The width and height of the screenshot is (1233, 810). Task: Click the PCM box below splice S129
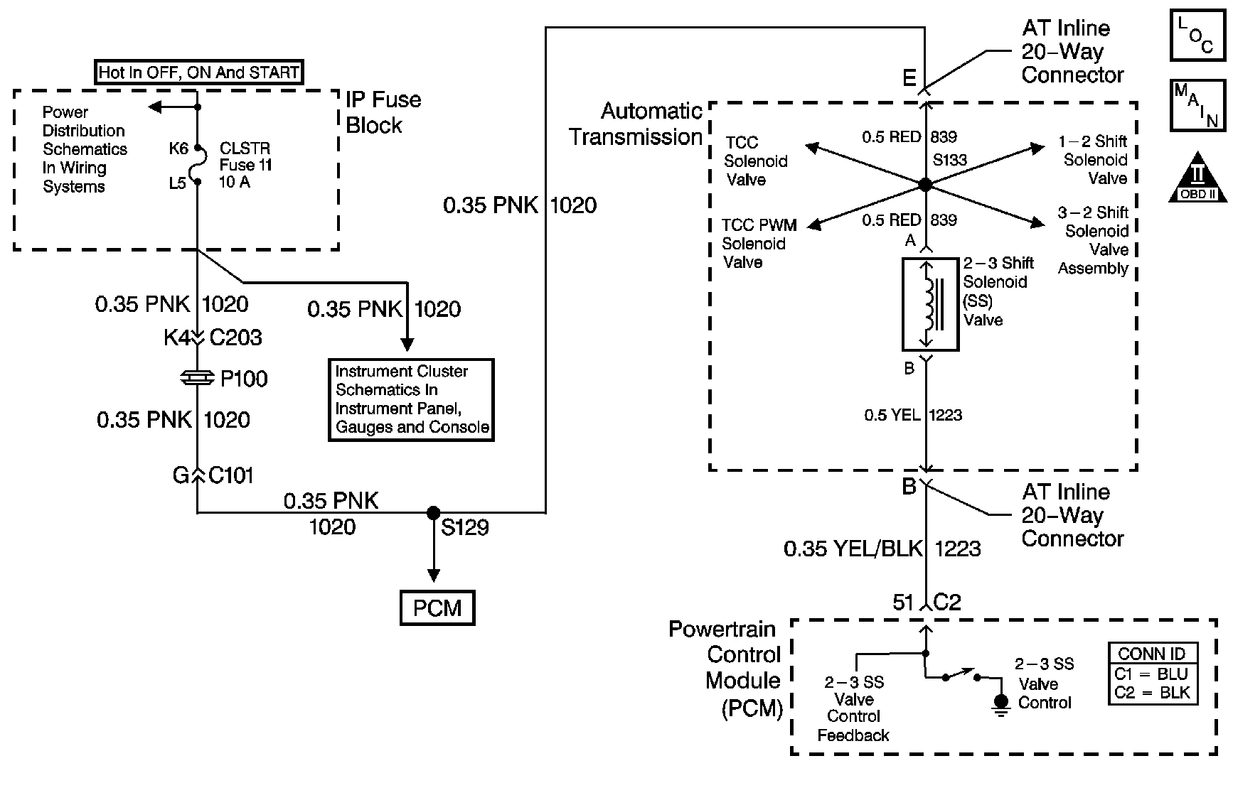click(437, 608)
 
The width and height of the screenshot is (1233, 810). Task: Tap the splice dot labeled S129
click(432, 512)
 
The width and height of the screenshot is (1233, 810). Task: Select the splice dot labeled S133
click(925, 185)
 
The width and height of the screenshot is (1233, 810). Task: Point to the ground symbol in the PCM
click(1000, 705)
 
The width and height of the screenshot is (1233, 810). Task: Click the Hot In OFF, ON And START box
click(198, 72)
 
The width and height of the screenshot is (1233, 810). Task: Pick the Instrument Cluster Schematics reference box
click(411, 400)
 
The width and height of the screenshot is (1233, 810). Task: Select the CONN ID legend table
click(1153, 674)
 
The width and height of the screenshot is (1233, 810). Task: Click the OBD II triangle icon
click(1198, 177)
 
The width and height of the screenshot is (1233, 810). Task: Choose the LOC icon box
click(1198, 34)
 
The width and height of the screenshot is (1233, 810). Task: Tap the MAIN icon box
click(1198, 105)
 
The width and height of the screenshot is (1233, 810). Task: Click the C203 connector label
click(235, 337)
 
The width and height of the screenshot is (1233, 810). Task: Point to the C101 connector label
click(230, 475)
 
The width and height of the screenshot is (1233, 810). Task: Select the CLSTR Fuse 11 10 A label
click(246, 165)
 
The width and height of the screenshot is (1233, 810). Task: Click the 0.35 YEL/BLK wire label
click(853, 549)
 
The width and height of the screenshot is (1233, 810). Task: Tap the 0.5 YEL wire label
click(892, 415)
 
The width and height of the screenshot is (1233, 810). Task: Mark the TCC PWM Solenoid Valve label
click(759, 244)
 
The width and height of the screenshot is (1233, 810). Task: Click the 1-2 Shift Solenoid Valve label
click(1094, 160)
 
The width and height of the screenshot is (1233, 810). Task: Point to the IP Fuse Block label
click(383, 112)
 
